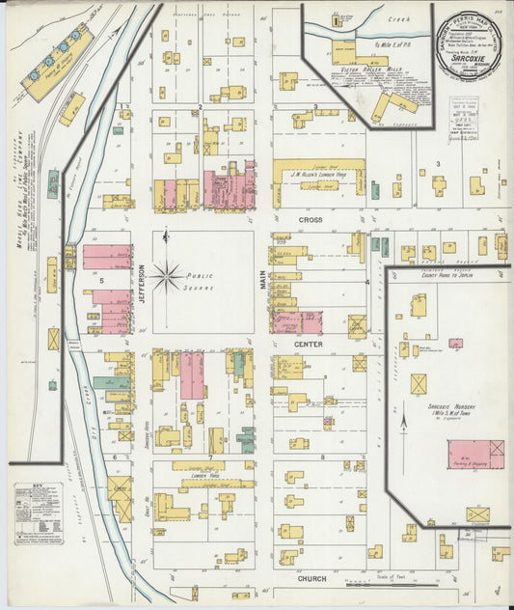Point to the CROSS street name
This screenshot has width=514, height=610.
(x=310, y=220)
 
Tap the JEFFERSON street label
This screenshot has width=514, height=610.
(x=141, y=284)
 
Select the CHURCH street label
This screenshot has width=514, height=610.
(x=311, y=579)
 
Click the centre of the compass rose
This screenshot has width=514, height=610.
(x=166, y=279)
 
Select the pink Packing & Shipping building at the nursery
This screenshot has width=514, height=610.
(x=474, y=455)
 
